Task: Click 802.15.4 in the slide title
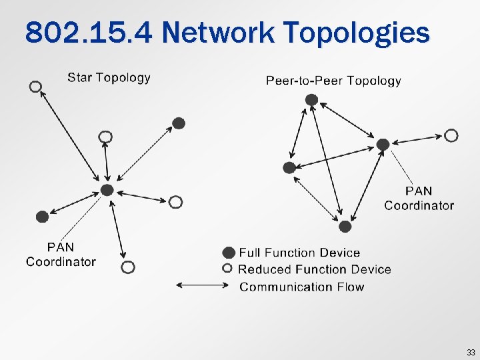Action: pyautogui.click(x=87, y=32)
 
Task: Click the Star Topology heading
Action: pyautogui.click(x=109, y=77)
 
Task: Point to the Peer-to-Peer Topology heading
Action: pyautogui.click(x=333, y=81)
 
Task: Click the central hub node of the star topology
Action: pyautogui.click(x=107, y=190)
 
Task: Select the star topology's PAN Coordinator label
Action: pyautogui.click(x=61, y=254)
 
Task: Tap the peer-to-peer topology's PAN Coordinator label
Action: pyautogui.click(x=419, y=199)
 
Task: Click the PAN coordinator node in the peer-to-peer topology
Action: pyautogui.click(x=383, y=144)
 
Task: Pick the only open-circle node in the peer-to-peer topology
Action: pyautogui.click(x=451, y=136)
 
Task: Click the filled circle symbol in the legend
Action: pyautogui.click(x=229, y=253)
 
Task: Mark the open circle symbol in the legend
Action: pyautogui.click(x=228, y=269)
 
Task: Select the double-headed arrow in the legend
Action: pyautogui.click(x=202, y=286)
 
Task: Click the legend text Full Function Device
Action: pyautogui.click(x=299, y=253)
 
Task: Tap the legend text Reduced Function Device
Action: pyautogui.click(x=314, y=269)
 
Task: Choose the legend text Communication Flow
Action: pyautogui.click(x=301, y=287)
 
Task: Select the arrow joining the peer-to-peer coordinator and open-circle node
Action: pyautogui.click(x=417, y=140)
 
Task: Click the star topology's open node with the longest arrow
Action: pyautogui.click(x=35, y=87)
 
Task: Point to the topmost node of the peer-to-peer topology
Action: pyautogui.click(x=311, y=99)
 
